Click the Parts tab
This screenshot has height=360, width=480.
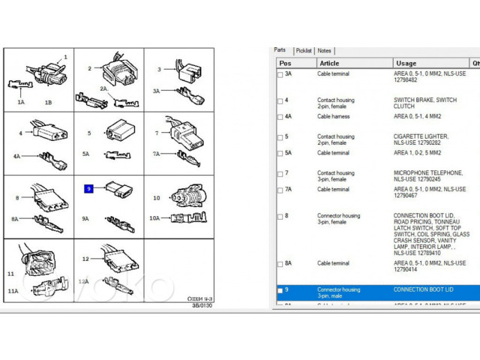coord(280,50)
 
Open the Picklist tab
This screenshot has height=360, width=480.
coord(304,51)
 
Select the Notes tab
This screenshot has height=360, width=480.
coord(324,51)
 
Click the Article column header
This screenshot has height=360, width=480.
coord(330,64)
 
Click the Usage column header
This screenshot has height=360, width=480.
coord(406,64)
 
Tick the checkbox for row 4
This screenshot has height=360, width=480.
coord(280,100)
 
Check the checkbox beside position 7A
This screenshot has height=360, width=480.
coord(280,190)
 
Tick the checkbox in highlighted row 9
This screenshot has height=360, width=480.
coord(280,290)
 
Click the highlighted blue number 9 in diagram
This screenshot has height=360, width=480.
coord(88,189)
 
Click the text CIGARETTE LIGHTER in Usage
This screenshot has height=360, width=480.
coord(421,136)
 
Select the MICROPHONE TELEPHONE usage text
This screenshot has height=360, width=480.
coord(428,172)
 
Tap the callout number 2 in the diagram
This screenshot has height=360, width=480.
coord(89,69)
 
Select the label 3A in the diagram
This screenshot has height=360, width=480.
coord(156,91)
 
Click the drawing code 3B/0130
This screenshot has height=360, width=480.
coord(201,306)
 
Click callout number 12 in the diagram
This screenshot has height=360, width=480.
coord(85,259)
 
